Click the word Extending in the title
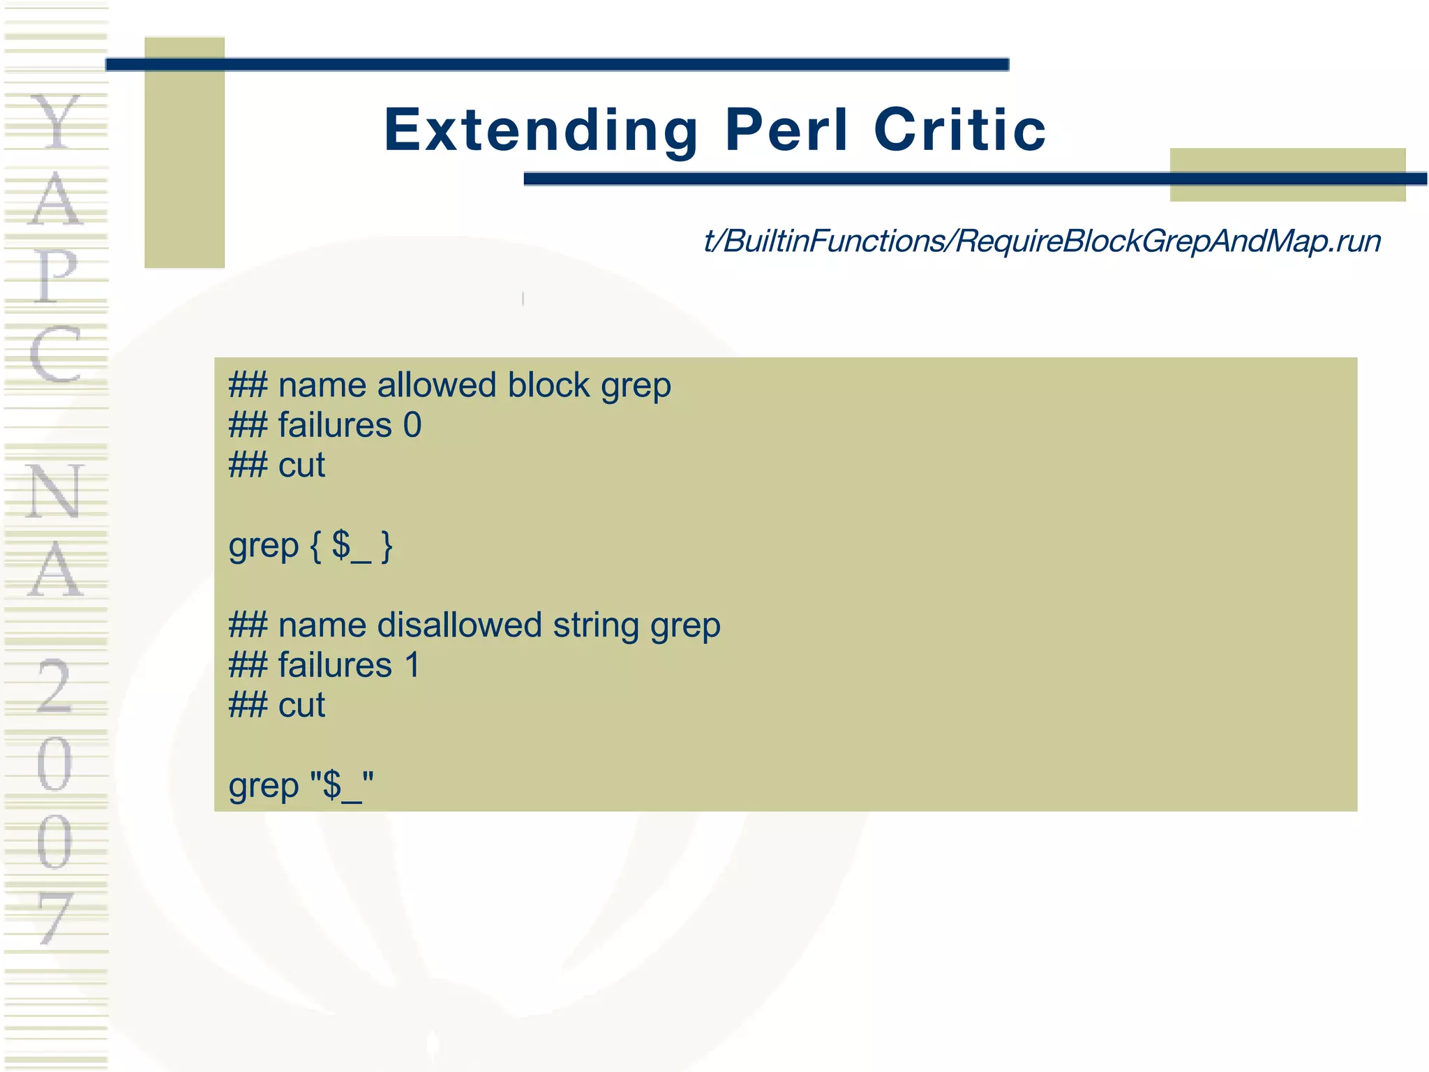[541, 131]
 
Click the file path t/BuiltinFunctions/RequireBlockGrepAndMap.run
[1042, 241]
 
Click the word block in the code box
[548, 385]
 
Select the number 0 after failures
[412, 425]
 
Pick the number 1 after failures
[412, 665]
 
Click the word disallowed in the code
[459, 625]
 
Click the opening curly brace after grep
[315, 546]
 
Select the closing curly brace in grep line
[387, 546]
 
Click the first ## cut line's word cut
[301, 466]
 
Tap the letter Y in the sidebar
[56, 123]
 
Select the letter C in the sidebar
[56, 355]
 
